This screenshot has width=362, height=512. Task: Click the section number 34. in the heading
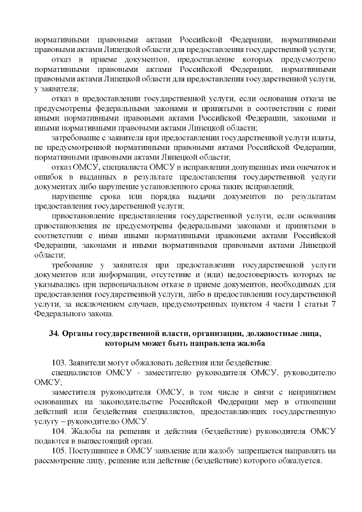(54, 333)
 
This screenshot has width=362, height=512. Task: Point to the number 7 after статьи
(334, 304)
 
